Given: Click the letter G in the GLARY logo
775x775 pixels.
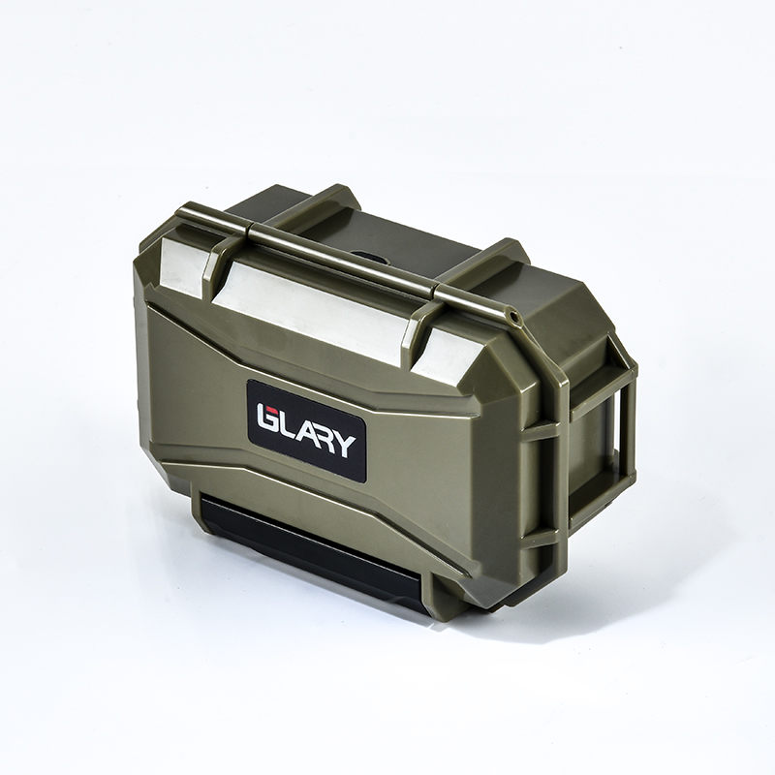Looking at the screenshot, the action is point(267,418).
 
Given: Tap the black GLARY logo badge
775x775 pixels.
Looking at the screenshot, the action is point(306,430).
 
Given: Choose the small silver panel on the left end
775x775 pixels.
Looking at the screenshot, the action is point(182,267).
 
